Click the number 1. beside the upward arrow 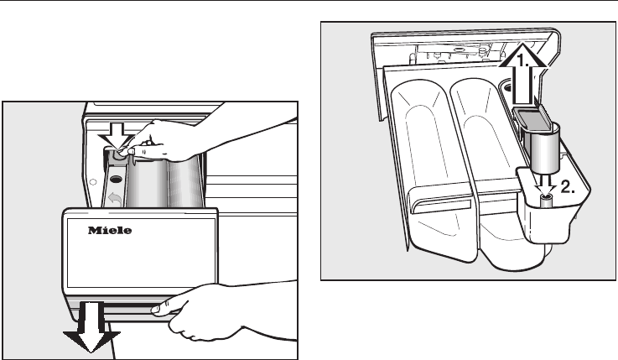(522, 61)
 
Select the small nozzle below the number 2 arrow (547, 199)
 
